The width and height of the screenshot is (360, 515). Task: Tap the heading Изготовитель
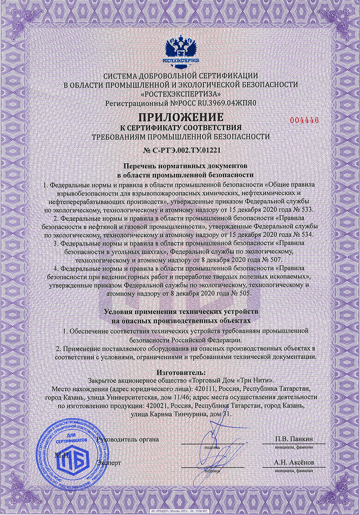[180, 373]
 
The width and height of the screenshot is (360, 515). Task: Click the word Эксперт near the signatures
[109, 463]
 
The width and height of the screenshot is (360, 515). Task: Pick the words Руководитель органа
[128, 439]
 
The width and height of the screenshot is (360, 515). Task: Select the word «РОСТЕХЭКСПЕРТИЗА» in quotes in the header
[180, 93]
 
